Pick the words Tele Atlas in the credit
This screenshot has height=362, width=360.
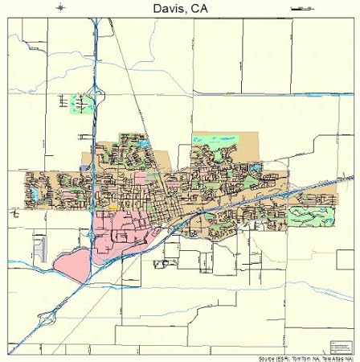tap(337, 358)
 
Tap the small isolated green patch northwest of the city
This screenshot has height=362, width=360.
tap(81, 103)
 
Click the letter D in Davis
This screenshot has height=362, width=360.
tap(153, 10)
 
